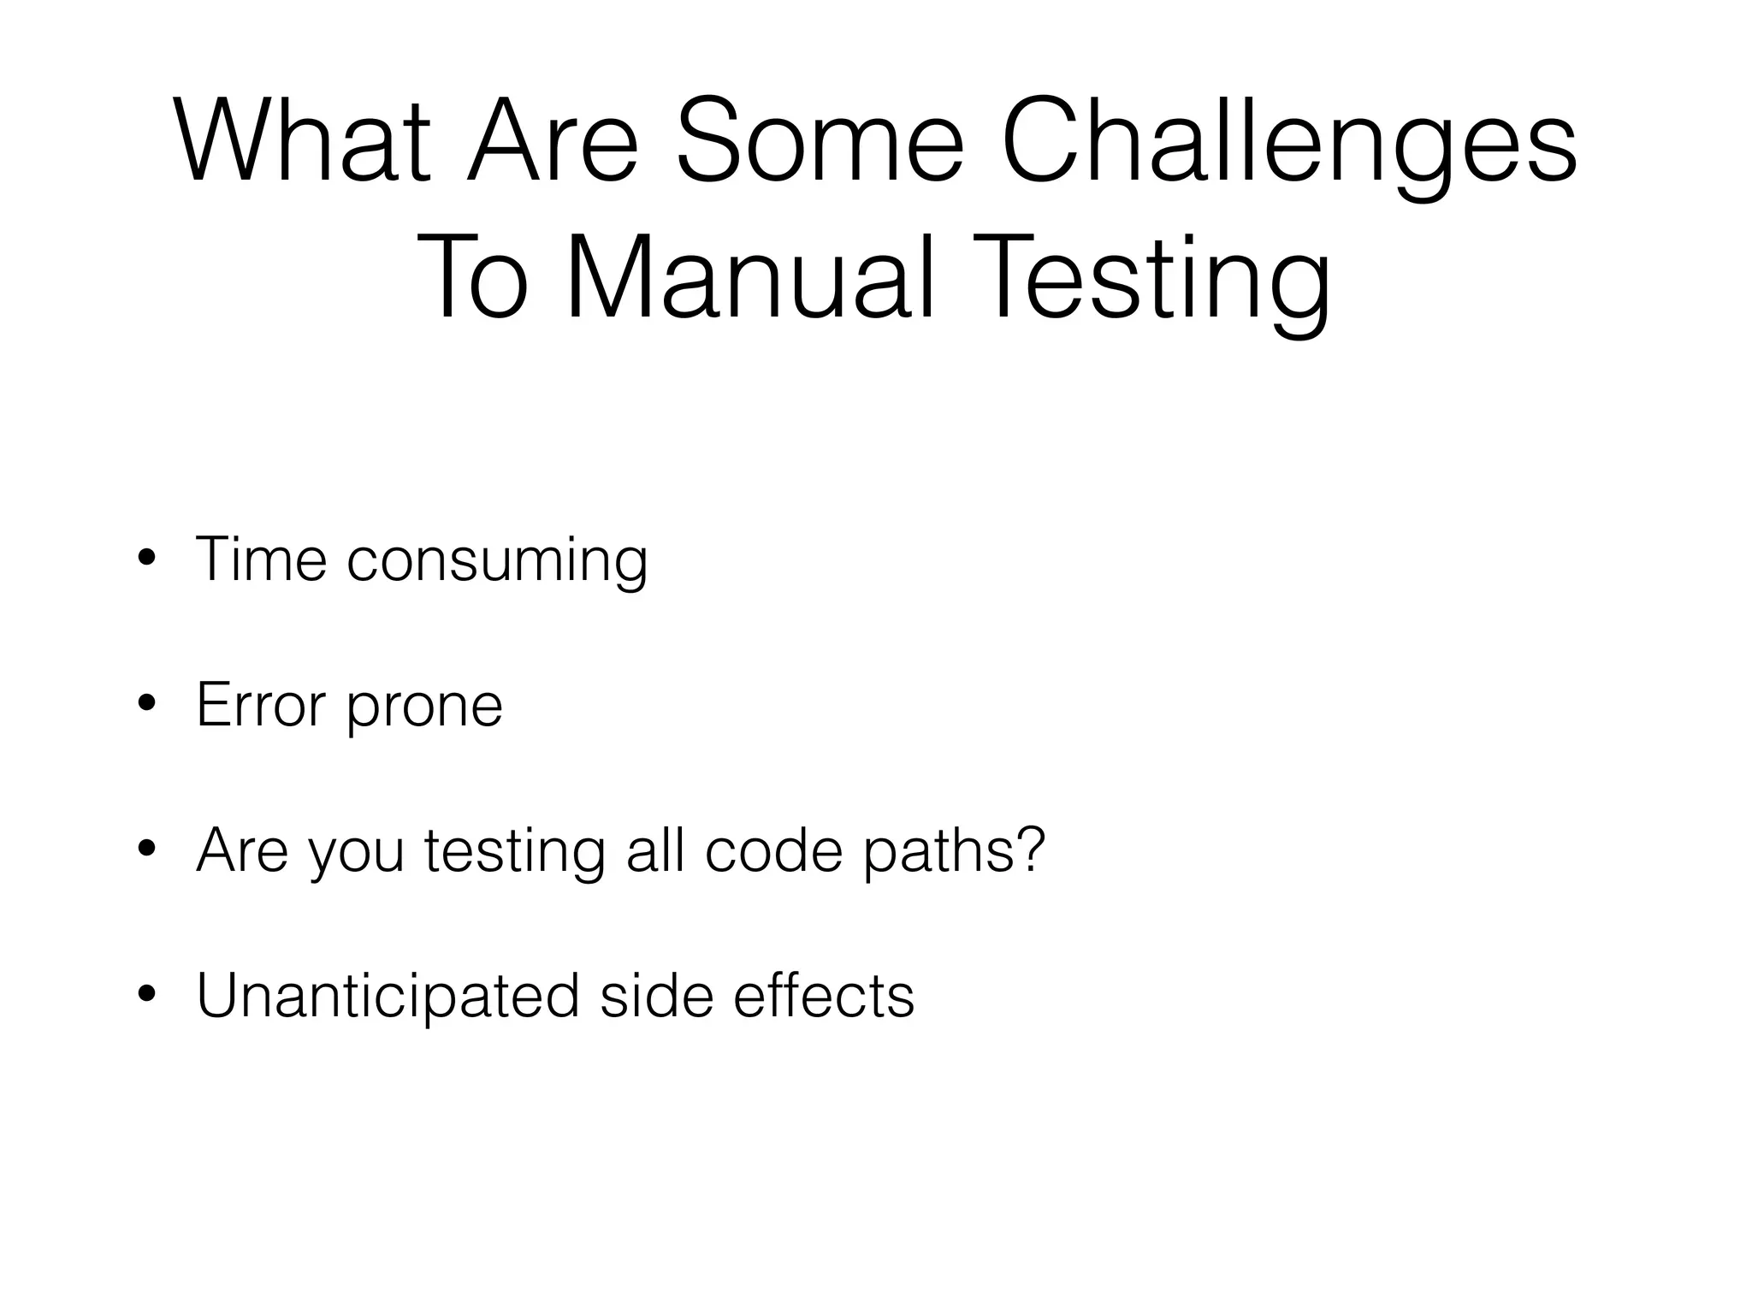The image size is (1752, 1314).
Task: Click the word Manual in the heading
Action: [x=750, y=278]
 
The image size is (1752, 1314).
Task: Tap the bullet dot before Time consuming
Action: [x=146, y=559]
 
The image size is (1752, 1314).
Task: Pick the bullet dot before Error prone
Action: [x=146, y=705]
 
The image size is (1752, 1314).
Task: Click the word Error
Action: [x=261, y=705]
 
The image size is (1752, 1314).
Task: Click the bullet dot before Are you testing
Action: [x=146, y=850]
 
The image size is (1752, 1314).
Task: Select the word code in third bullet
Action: [x=773, y=850]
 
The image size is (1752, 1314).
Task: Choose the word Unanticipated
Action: [x=388, y=997]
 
